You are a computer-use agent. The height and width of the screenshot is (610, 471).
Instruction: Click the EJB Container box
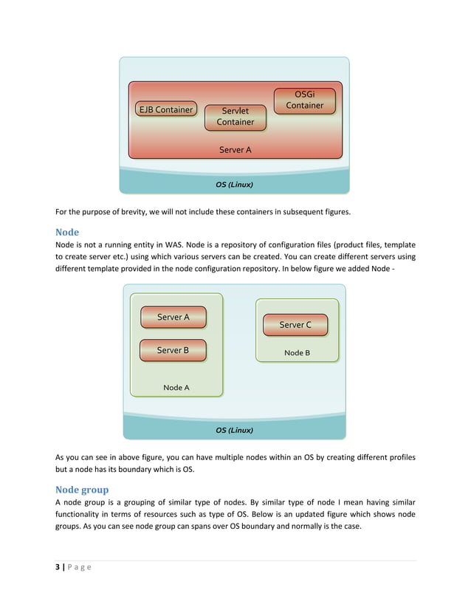click(166, 110)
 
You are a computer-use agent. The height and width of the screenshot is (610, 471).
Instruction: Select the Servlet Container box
click(235, 117)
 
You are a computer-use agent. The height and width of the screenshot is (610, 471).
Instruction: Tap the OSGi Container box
click(304, 100)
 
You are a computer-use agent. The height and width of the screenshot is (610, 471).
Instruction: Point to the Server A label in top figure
click(235, 150)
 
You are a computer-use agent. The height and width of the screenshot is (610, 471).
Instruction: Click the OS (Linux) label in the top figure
click(234, 184)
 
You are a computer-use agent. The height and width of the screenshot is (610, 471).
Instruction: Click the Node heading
click(67, 232)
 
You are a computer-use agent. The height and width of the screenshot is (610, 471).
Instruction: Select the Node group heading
click(82, 490)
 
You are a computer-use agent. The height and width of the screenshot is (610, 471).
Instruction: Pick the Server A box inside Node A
click(173, 318)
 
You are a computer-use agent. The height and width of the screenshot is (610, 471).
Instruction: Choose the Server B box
click(173, 350)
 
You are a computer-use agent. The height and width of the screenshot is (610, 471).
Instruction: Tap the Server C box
click(295, 325)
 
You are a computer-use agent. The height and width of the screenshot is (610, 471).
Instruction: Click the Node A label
click(176, 388)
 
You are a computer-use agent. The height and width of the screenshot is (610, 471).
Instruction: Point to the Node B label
click(297, 353)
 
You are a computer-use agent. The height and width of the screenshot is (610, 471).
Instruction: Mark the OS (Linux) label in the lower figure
click(234, 430)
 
